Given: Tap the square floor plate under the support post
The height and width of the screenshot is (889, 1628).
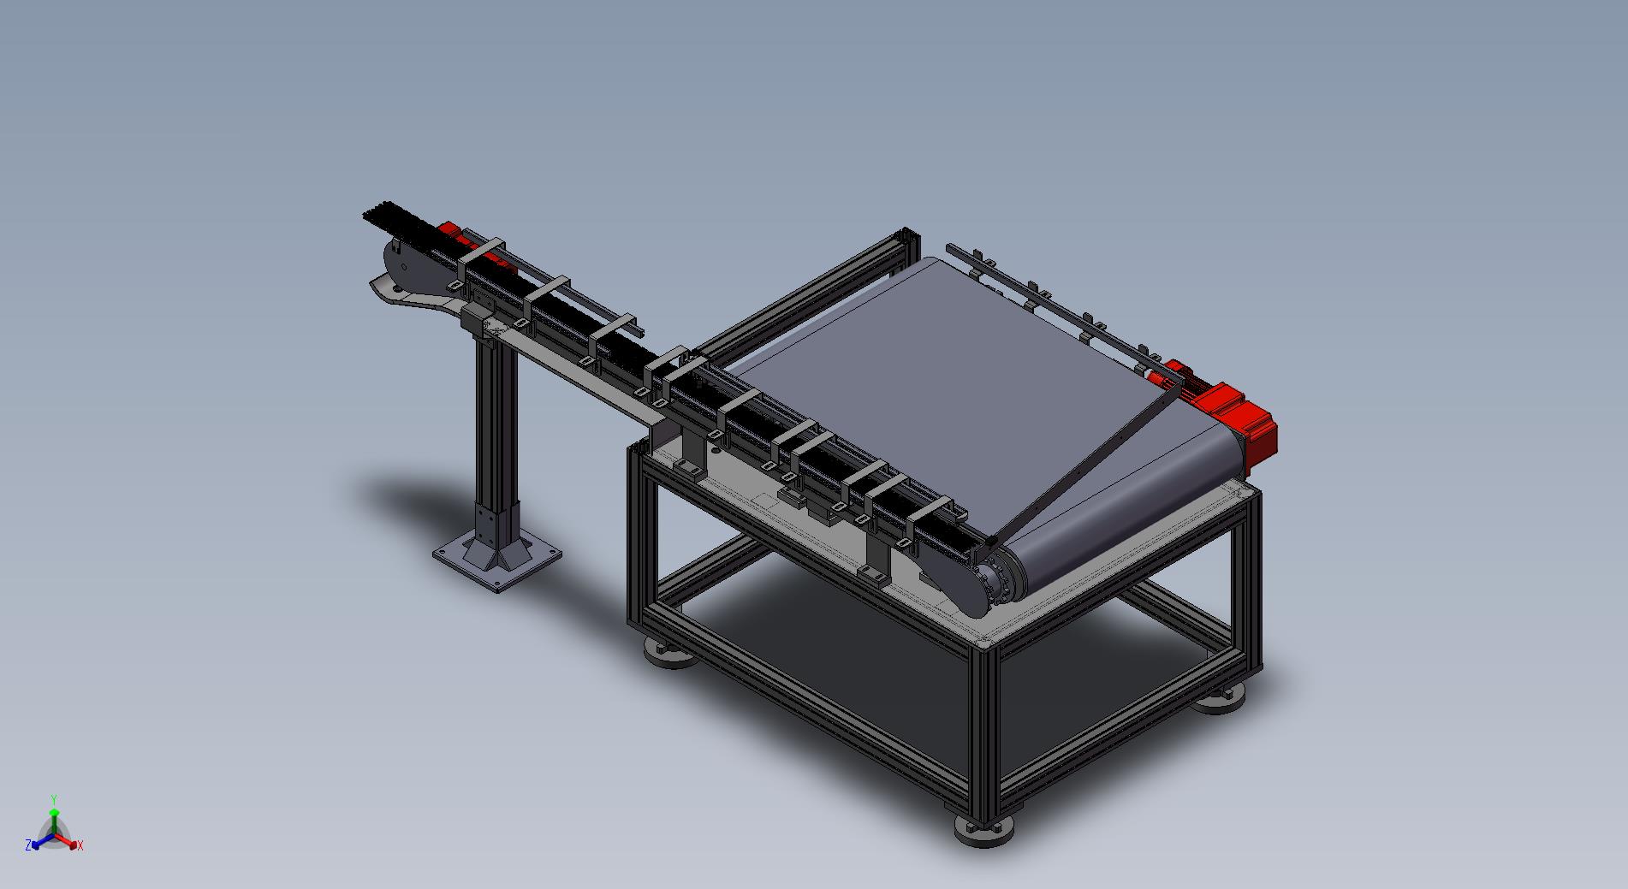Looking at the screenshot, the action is (x=496, y=560).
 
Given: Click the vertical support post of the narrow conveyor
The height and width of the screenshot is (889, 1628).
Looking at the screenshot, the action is (x=495, y=445).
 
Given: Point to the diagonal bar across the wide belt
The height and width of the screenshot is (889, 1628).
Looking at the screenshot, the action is (x=1084, y=460).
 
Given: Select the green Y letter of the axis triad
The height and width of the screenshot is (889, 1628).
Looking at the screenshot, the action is (x=53, y=797).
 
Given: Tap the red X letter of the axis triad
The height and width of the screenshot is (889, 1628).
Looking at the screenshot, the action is (x=80, y=845).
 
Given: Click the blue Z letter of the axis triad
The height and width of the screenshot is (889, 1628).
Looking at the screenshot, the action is (x=28, y=845).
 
